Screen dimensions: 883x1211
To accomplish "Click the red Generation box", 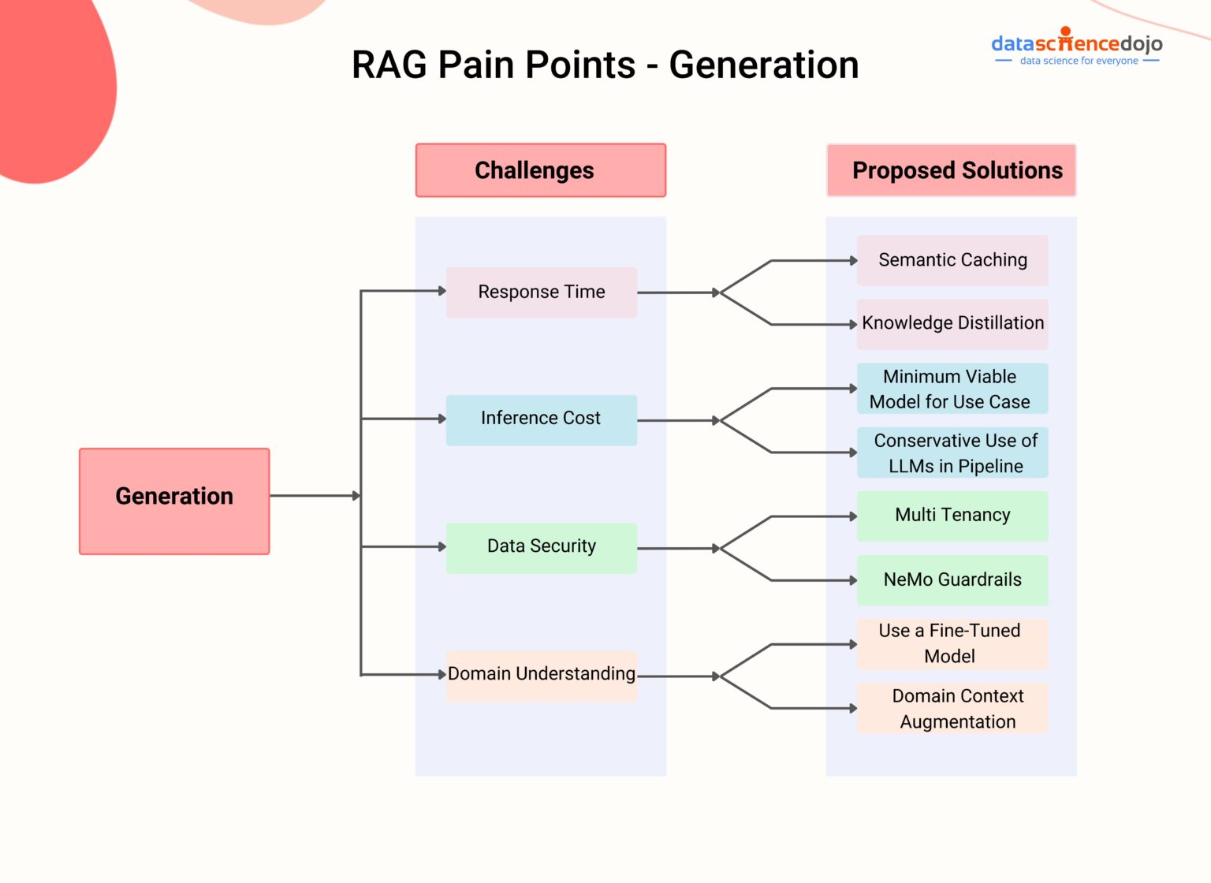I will click(x=174, y=501).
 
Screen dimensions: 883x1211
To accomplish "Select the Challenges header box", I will click(x=540, y=170).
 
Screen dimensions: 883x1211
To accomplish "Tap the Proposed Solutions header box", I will click(x=951, y=170).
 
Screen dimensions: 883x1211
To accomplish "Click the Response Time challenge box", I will click(x=541, y=292).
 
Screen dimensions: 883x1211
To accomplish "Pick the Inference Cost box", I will click(x=541, y=419).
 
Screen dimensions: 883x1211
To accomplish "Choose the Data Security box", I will click(x=541, y=547).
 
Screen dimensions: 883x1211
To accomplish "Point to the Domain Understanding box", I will click(x=541, y=675).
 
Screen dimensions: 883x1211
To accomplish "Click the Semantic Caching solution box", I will click(x=952, y=260).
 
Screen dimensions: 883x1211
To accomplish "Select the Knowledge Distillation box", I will click(x=952, y=324).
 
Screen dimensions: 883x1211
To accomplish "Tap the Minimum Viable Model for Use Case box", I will click(x=952, y=389).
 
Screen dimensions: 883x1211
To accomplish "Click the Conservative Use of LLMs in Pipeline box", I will click(x=952, y=453).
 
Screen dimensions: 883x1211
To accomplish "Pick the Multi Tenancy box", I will click(x=952, y=516).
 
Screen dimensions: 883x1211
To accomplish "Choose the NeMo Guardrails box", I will click(x=952, y=580).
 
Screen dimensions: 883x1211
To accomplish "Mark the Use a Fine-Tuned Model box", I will click(x=952, y=643).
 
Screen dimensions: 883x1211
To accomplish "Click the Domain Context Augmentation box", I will click(x=952, y=709).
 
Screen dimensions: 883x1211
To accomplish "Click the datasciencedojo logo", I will click(x=1076, y=43).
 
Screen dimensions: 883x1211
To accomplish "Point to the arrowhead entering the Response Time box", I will click(x=442, y=291).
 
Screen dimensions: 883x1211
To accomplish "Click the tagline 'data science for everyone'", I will click(x=1079, y=61).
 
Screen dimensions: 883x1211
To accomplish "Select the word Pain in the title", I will click(x=474, y=65).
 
